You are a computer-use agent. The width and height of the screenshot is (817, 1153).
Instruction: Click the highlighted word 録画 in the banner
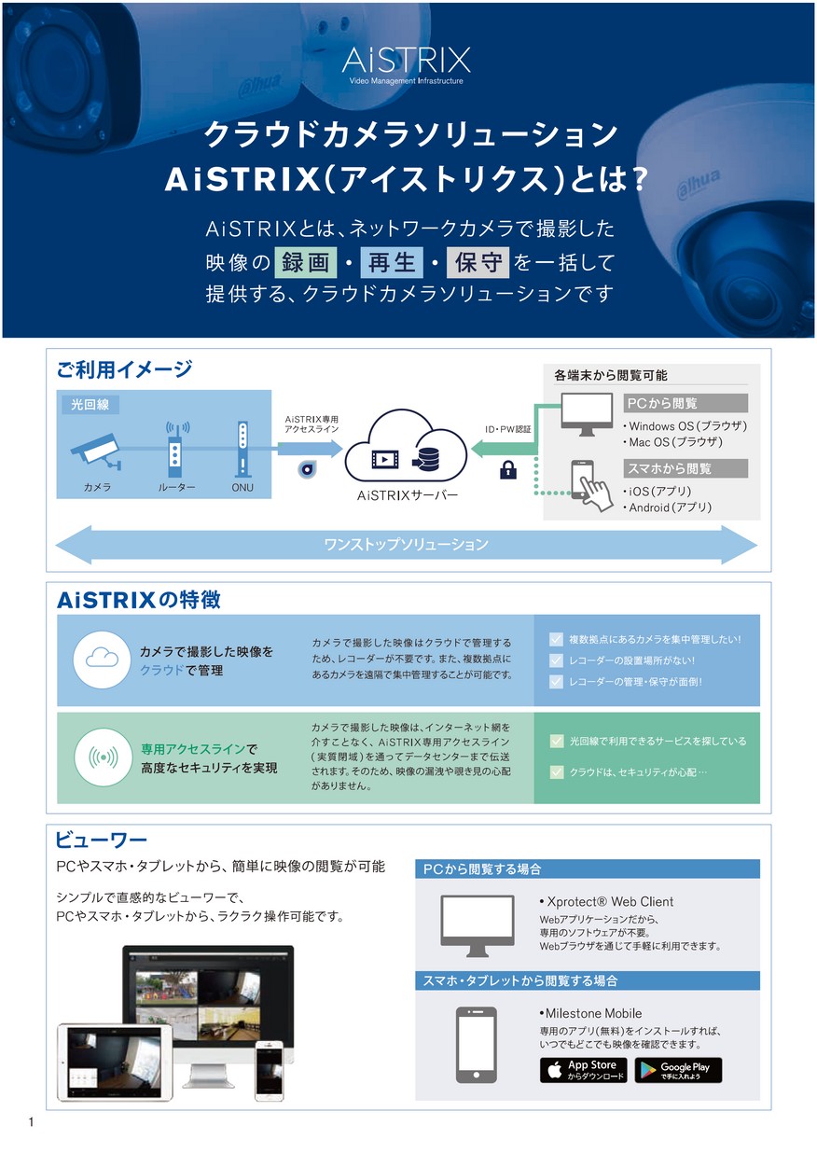[306, 261]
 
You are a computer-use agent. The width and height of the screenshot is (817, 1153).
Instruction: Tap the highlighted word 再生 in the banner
[393, 261]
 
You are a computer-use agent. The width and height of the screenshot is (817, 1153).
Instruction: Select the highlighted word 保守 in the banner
[478, 261]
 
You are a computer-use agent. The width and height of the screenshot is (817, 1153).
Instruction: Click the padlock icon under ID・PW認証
[508, 470]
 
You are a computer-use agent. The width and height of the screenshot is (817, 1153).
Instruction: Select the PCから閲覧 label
[685, 403]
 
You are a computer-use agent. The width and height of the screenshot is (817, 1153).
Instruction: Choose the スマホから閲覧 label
[685, 467]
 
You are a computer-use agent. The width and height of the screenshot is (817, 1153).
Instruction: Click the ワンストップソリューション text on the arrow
[406, 544]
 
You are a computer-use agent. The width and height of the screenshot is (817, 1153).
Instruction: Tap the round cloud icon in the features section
[102, 660]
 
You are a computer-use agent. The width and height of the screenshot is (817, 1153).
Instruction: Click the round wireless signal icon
[102, 757]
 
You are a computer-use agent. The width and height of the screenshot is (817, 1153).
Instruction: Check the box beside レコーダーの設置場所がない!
[556, 660]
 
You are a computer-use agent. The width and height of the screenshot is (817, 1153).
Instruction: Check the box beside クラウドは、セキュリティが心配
[557, 771]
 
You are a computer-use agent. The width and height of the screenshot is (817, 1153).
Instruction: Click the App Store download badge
[583, 1070]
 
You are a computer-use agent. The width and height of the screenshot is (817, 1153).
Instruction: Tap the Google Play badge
[678, 1070]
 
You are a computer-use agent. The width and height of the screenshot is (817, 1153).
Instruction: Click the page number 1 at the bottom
[32, 1122]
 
